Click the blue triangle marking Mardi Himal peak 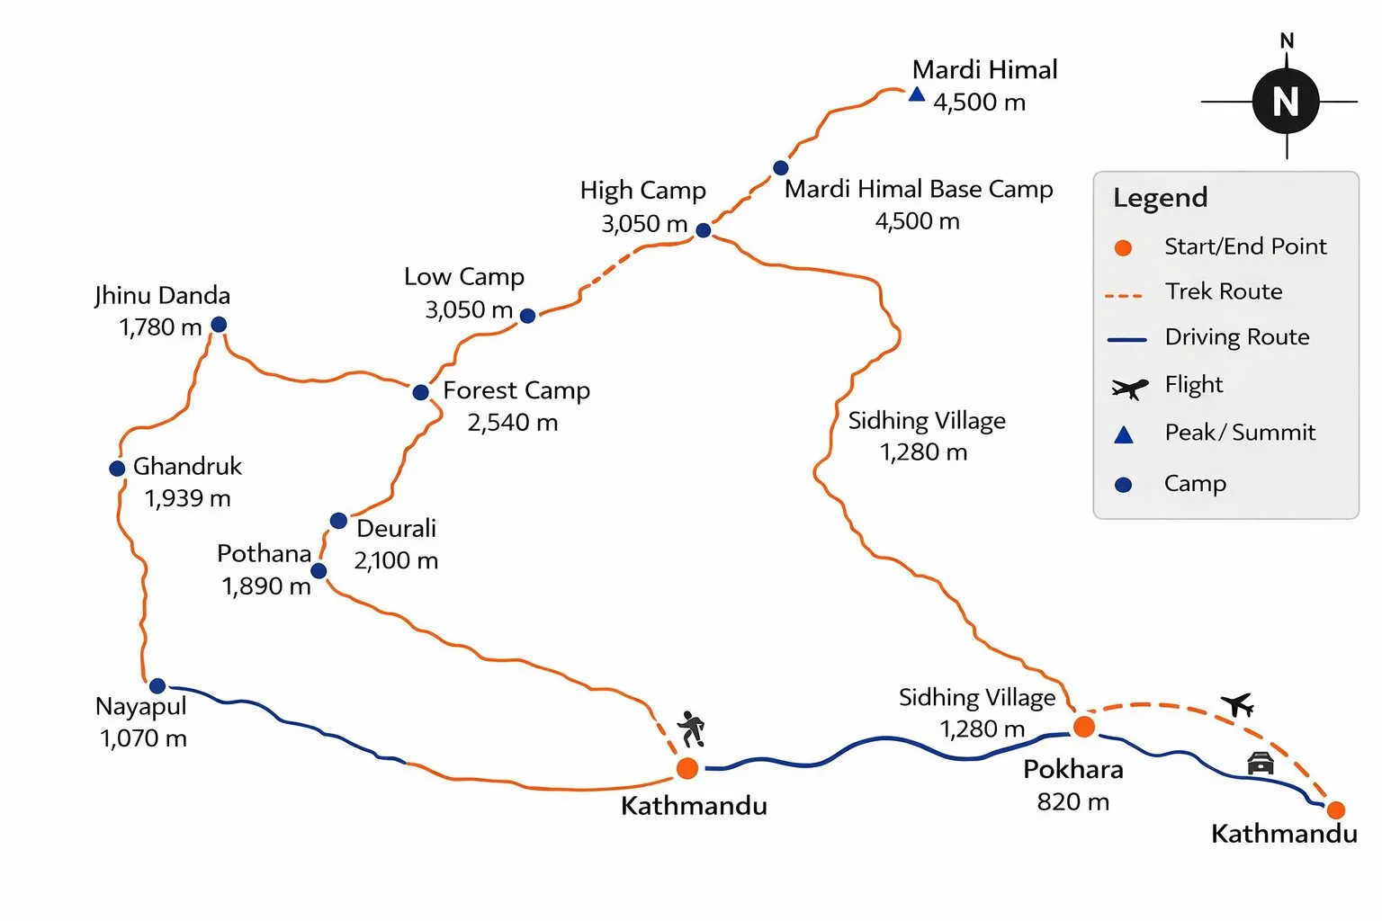(x=916, y=94)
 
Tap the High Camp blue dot (x=704, y=230)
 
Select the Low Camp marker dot (x=528, y=316)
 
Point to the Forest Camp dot (x=420, y=392)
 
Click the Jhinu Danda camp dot (x=219, y=325)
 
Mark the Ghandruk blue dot (x=117, y=469)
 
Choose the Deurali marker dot (x=338, y=521)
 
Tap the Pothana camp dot (x=319, y=571)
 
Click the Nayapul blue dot (x=157, y=686)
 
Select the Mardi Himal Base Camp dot (x=781, y=168)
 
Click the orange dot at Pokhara (x=1084, y=727)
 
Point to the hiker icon (x=691, y=729)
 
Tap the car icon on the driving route (x=1261, y=763)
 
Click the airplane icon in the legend (x=1129, y=389)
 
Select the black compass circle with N (x=1286, y=102)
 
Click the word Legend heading (x=1160, y=198)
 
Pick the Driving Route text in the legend (x=1237, y=337)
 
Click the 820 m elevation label (x=1072, y=801)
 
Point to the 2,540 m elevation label (x=512, y=423)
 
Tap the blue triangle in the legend (x=1124, y=435)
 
